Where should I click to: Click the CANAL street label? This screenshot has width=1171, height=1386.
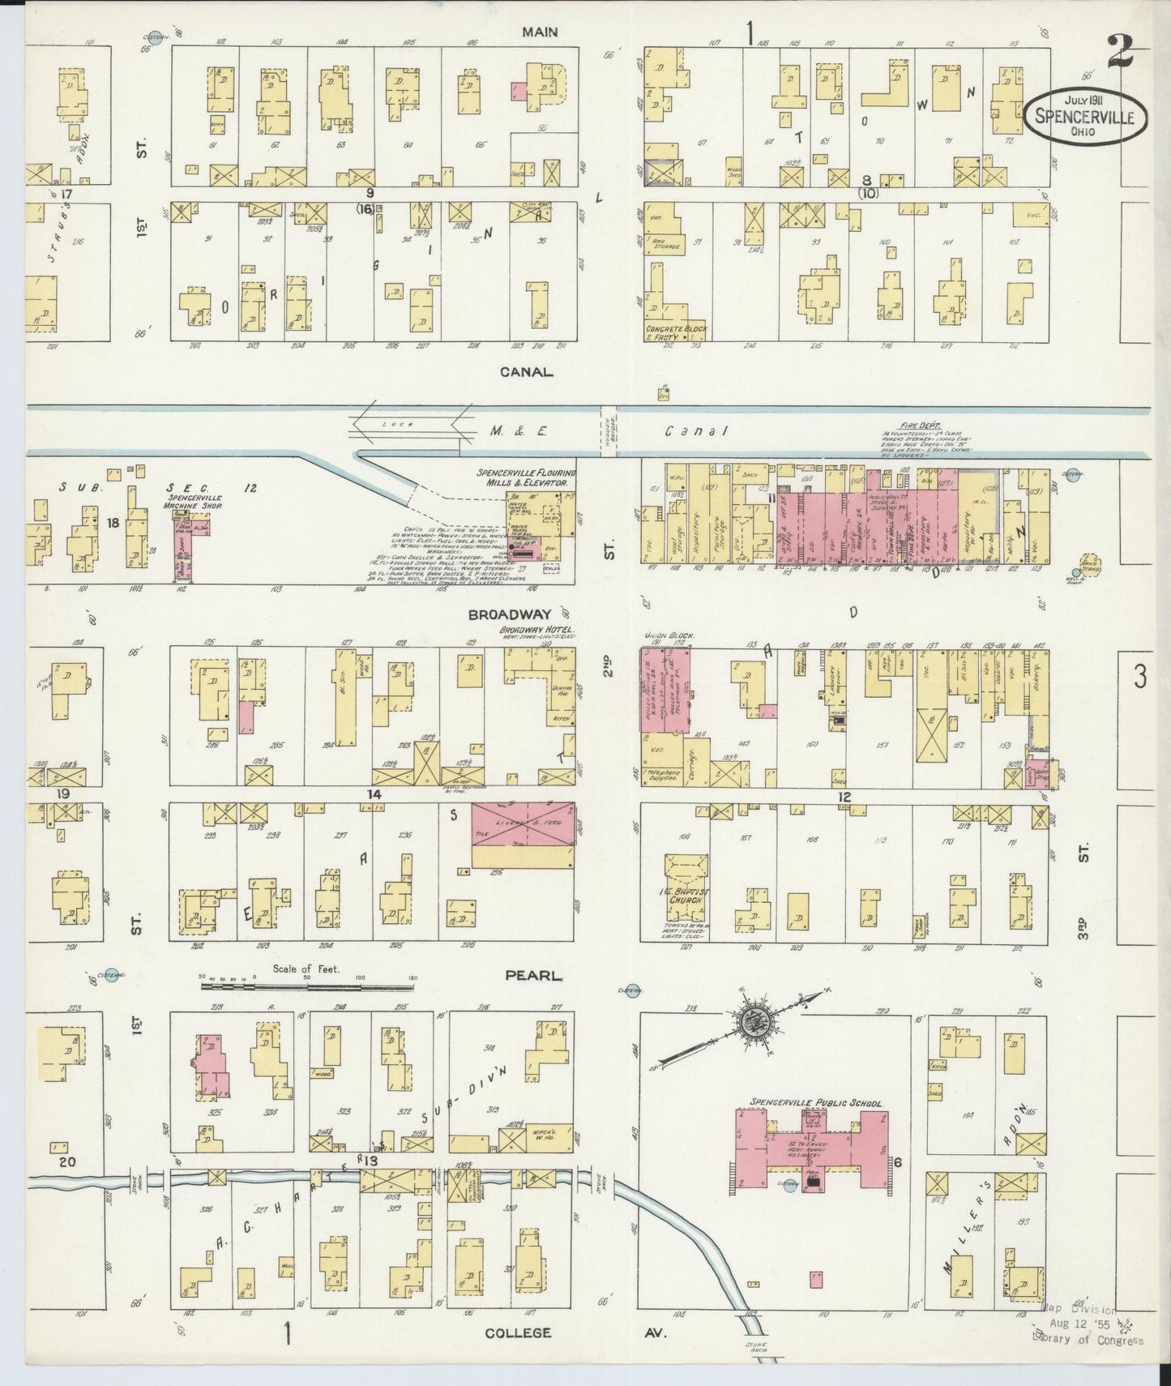pos(526,372)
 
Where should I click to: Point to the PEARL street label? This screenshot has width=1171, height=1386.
pos(532,975)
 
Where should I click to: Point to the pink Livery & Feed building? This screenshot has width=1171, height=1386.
pos(523,824)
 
